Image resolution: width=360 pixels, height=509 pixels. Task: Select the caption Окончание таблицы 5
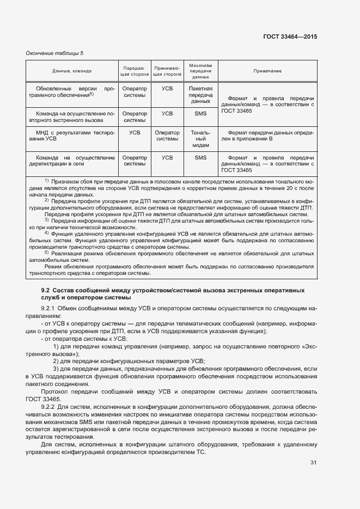point(55,53)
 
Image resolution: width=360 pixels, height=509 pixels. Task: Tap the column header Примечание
point(267,71)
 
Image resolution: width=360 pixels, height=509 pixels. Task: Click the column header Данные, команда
point(72,71)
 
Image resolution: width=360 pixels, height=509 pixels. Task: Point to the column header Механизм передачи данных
point(200,71)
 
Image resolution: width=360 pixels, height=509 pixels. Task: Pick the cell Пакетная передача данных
point(200,94)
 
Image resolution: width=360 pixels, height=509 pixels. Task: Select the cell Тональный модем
point(200,138)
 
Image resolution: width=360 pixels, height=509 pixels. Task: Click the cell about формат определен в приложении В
point(267,135)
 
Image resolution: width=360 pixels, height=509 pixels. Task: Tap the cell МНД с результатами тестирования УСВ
point(72,135)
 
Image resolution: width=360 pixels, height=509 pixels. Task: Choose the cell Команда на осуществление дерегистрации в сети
point(72,161)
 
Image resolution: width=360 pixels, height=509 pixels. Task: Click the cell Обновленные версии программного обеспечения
point(72,91)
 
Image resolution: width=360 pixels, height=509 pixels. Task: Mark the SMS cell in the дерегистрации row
point(200,157)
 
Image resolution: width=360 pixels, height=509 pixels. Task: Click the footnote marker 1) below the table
point(47,180)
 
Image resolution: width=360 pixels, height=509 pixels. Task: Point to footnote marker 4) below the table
point(47,232)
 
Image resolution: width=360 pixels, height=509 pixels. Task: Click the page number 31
point(313,463)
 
